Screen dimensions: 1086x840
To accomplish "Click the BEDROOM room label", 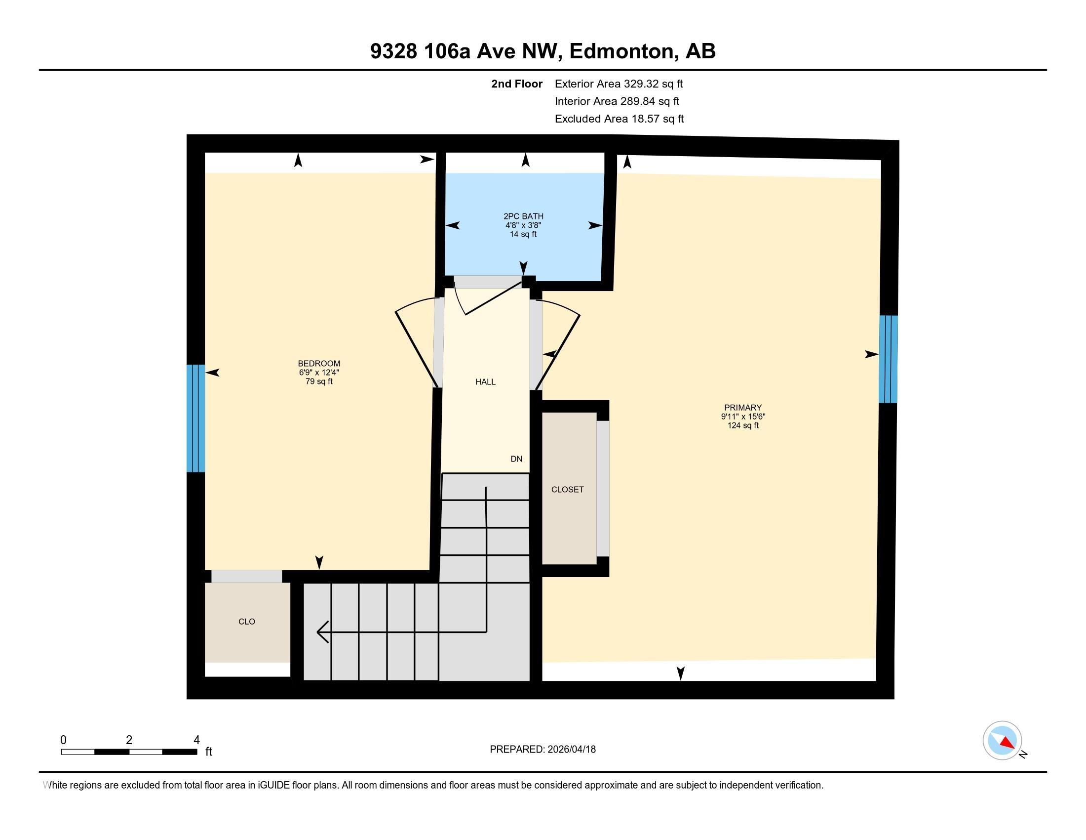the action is pos(319,363).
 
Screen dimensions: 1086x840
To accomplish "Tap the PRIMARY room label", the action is pos(743,407).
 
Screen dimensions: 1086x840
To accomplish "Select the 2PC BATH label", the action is pos(523,216).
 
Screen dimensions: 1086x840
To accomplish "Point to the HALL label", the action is pos(485,381).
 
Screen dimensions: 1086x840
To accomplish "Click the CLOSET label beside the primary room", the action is pos(567,490).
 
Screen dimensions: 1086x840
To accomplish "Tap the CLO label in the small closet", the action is pos(247,622).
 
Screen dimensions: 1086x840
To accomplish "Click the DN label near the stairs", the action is pos(516,459).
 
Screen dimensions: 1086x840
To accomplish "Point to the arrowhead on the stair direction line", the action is pos(322,632).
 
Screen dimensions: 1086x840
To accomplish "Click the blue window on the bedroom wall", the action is pos(195,418).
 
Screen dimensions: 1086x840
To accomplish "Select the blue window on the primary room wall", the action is pos(888,359).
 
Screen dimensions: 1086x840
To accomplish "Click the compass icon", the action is pos(1002,741).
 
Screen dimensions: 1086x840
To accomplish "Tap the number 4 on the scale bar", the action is pos(196,740).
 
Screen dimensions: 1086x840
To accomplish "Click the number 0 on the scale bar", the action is pos(63,740).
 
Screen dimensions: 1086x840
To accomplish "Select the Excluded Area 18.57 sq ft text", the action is pos(619,119).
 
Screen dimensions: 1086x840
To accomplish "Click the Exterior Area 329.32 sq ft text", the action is pos(619,84).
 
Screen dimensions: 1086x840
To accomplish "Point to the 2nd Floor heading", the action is pos(517,84).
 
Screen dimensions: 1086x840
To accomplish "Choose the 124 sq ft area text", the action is pos(743,425).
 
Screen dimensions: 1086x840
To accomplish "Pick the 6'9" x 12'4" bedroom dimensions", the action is pos(319,372).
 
